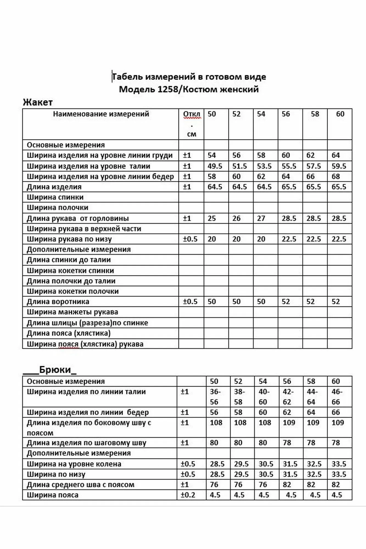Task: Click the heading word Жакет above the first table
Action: pos(38,102)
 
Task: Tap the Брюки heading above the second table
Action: pos(55,370)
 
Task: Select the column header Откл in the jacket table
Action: pos(191,114)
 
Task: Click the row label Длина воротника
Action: pos(58,302)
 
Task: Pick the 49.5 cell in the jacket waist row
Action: pos(215,166)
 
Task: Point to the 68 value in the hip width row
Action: pos(336,177)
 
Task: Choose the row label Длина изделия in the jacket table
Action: pos(54,187)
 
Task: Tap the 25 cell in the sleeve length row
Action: pos(212,219)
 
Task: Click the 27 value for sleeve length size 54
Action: pos(261,219)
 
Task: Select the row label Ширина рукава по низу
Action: pos(69,239)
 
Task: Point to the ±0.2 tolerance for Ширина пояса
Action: pos(188,495)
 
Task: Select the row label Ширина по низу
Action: pos(56,474)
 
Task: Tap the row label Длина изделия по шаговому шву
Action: pos(86,443)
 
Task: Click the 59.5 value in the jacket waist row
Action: pos(339,166)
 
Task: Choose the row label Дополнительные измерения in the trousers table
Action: pos(79,453)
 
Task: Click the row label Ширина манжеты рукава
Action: pos(72,312)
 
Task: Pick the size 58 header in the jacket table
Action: pos(315,114)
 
